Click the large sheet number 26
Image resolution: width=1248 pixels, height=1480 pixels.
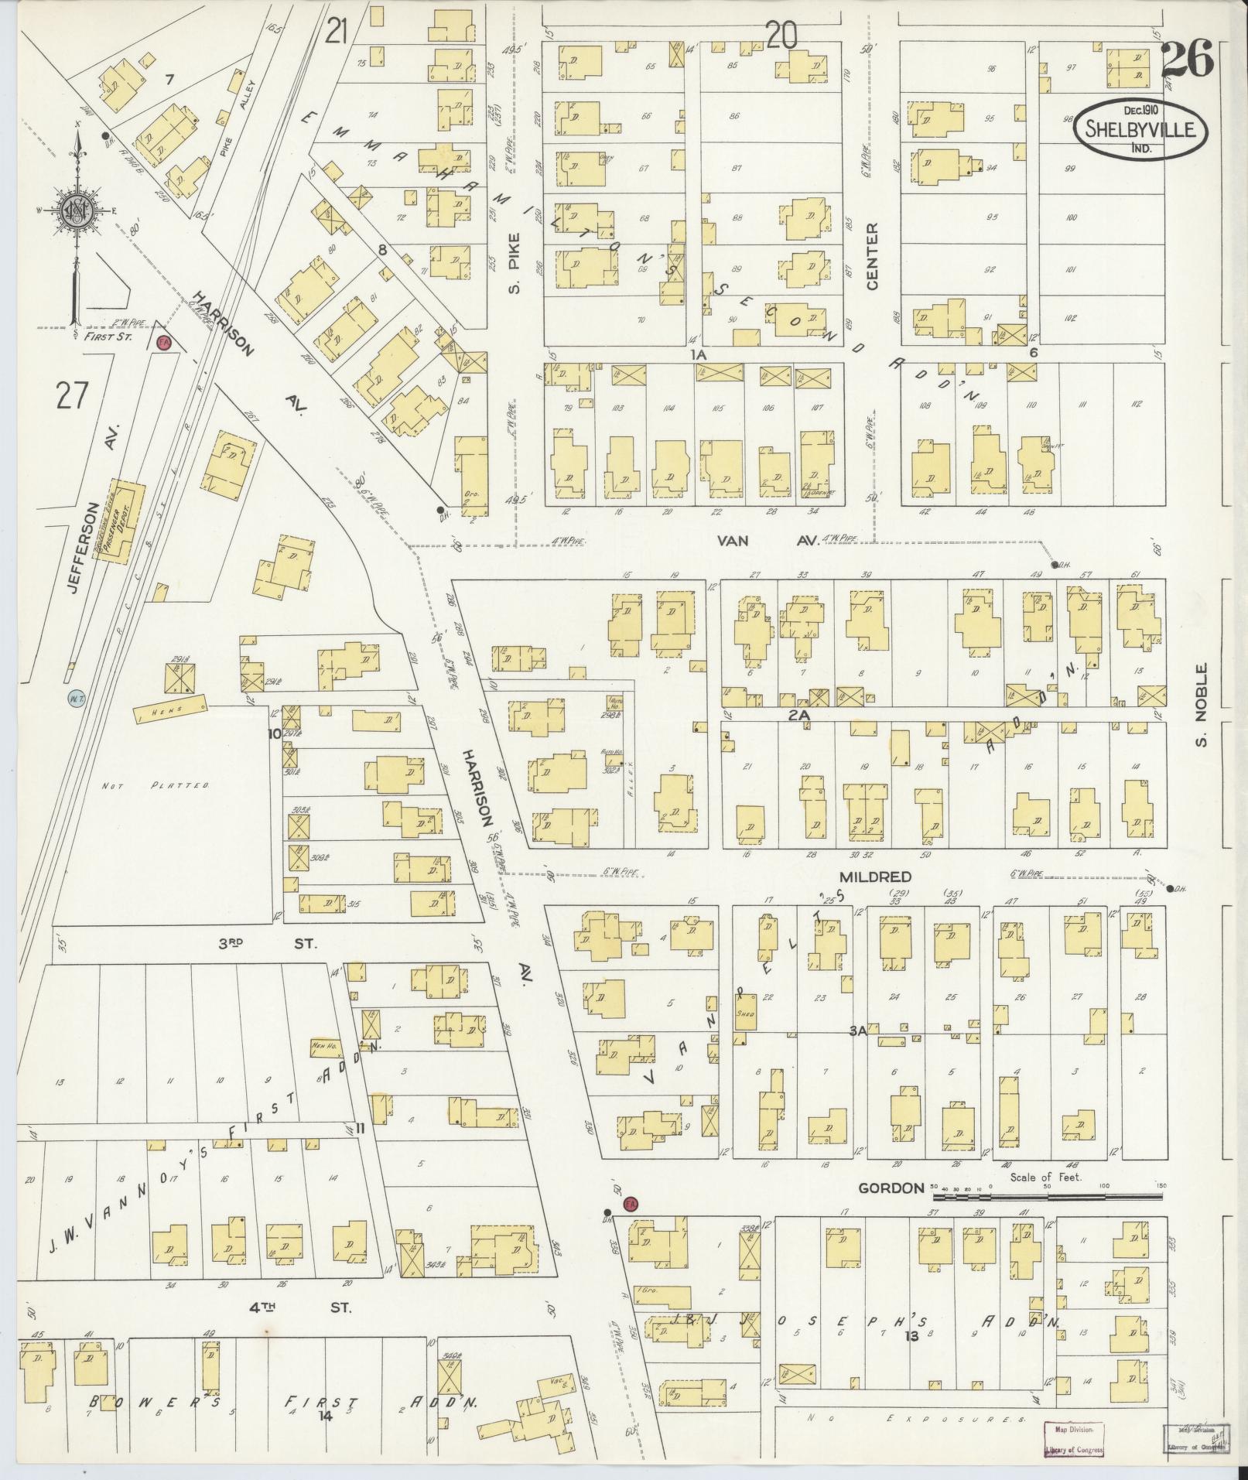[x=1186, y=60]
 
